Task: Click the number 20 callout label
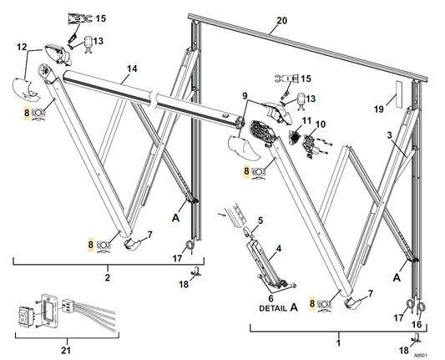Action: tap(282, 21)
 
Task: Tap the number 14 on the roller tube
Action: tap(132, 68)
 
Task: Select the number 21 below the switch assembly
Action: tap(66, 350)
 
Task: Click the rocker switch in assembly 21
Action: tap(25, 315)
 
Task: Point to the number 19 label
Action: tap(379, 109)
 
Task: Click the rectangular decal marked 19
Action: tap(399, 94)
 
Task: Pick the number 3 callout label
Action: tap(389, 135)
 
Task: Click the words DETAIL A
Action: tap(278, 307)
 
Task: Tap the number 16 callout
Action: tap(417, 324)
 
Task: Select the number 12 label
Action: tap(22, 47)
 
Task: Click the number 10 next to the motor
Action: tap(321, 124)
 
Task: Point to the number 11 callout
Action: tap(306, 120)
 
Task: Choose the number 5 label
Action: tap(260, 221)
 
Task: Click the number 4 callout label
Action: tap(279, 249)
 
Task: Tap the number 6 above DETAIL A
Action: tap(271, 298)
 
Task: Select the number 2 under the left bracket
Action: tap(107, 277)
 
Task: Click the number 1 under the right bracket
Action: tap(338, 343)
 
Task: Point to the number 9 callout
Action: tap(245, 96)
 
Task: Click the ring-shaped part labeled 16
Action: tap(421, 306)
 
